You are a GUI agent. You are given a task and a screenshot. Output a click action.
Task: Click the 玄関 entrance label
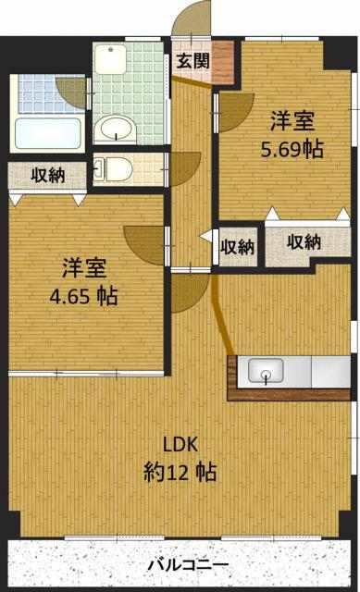[x=193, y=60]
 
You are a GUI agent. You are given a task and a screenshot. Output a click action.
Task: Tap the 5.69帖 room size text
[x=292, y=150]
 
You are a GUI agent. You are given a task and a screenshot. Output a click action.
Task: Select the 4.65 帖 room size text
[x=84, y=296]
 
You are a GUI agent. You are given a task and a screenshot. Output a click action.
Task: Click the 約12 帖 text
[x=180, y=472]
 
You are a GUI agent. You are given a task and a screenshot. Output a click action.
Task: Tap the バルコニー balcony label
[x=188, y=565]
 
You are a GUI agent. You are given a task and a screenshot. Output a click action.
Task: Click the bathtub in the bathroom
[x=48, y=133]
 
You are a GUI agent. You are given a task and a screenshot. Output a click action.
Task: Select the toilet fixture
[x=114, y=168]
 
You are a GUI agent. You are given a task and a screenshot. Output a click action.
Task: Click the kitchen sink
[x=266, y=370]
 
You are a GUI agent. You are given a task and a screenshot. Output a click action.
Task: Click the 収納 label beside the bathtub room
[x=48, y=175]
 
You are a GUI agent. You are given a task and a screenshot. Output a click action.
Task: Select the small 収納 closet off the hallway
[x=237, y=247]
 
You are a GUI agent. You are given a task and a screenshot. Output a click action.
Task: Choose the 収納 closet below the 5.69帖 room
[x=304, y=241]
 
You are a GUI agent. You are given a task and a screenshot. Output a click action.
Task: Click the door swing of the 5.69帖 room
[x=236, y=111]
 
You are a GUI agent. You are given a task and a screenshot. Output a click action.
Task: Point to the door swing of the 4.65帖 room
[x=143, y=245]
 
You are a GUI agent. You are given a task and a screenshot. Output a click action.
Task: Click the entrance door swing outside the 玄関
[x=192, y=18]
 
